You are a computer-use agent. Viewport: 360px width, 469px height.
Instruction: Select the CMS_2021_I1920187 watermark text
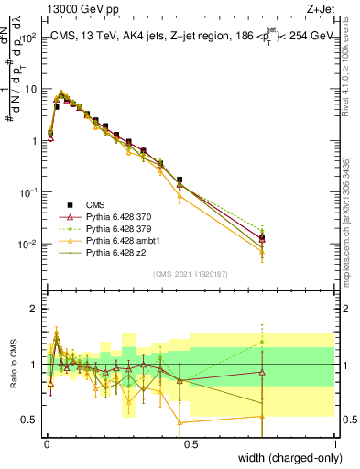click(190, 272)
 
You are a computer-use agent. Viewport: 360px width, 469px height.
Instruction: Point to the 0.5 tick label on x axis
click(190, 442)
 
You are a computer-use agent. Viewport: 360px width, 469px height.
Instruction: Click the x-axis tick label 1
click(334, 442)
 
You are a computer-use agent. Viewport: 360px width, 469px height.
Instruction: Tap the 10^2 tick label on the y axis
click(28, 38)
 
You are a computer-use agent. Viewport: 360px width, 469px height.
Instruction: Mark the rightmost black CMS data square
click(262, 237)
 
